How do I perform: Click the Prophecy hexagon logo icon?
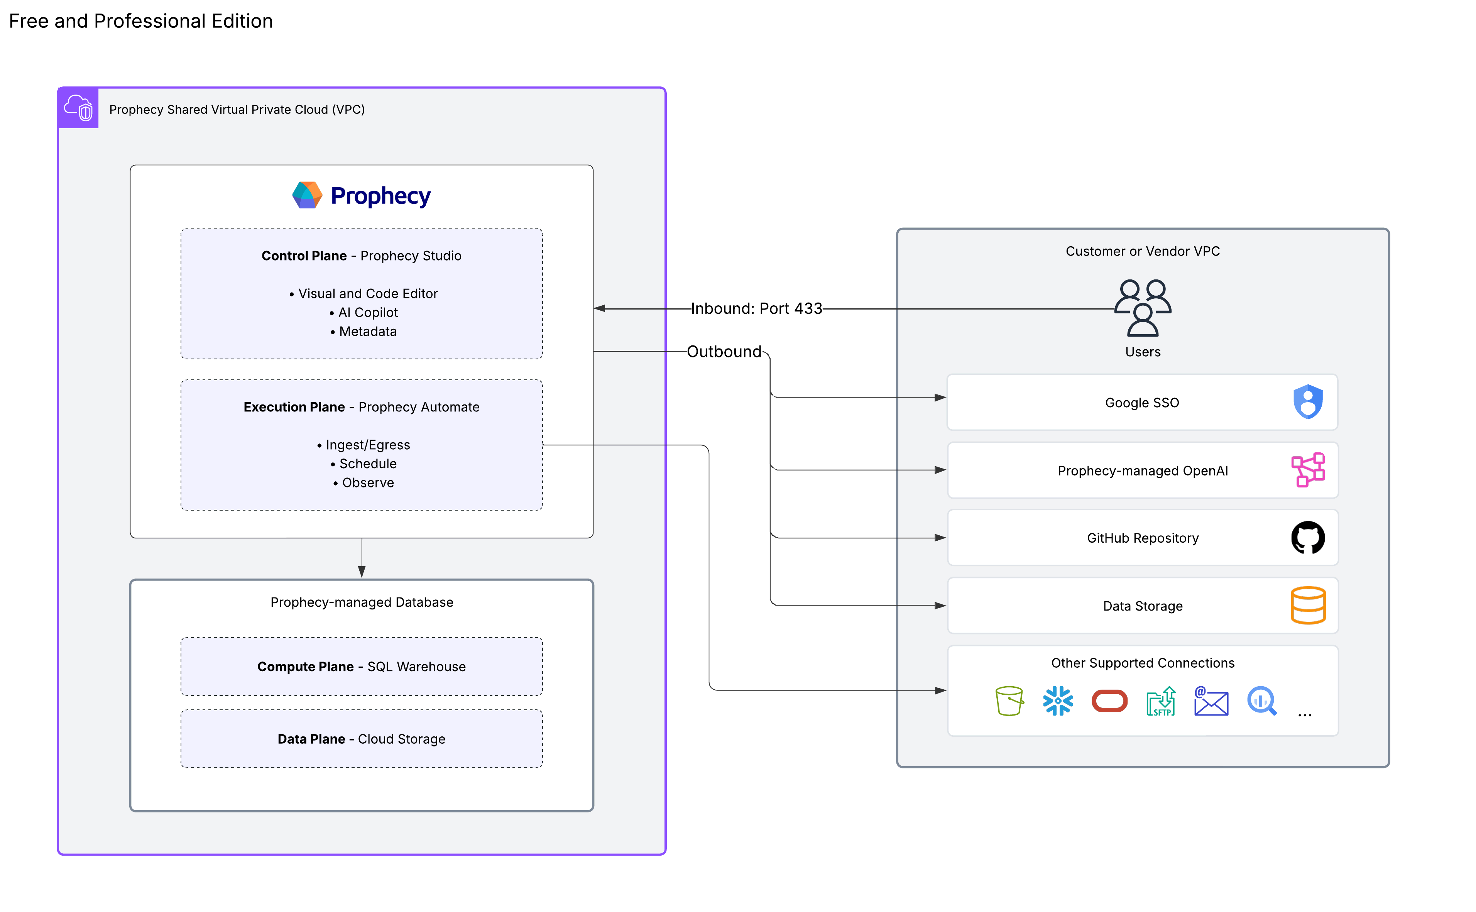307,195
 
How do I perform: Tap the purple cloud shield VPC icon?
78,108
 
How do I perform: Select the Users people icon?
1143,308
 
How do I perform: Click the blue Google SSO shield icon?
1307,402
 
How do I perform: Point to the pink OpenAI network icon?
1307,470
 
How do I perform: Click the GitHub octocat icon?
1307,537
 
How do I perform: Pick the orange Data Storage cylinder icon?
1307,605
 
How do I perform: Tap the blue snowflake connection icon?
1058,701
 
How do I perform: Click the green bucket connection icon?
1009,701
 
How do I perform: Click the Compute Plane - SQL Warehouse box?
361,667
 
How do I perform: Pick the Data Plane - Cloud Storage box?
361,739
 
